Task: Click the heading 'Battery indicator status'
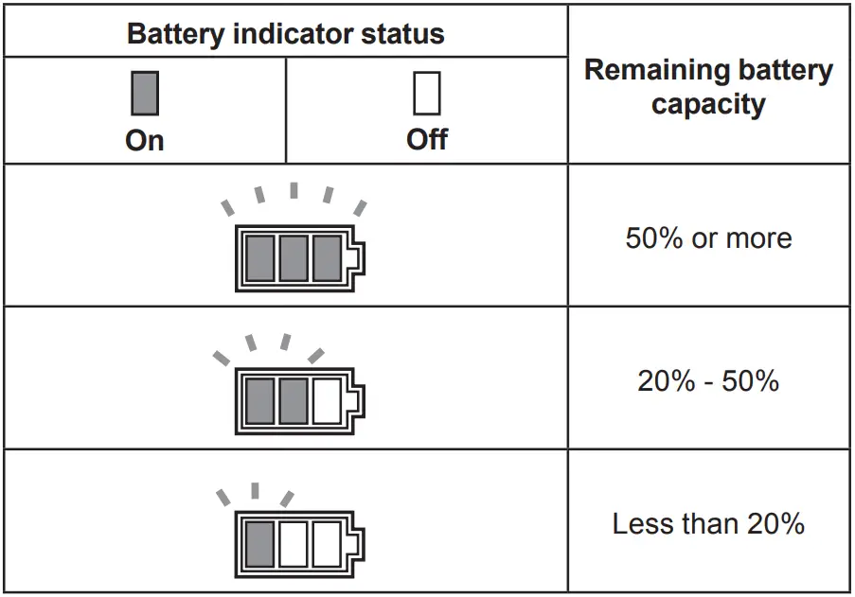pyautogui.click(x=285, y=34)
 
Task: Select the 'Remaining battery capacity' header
pyautogui.click(x=708, y=86)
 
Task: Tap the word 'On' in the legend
pyautogui.click(x=144, y=140)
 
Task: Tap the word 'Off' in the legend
pyautogui.click(x=426, y=140)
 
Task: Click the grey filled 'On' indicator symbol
pyautogui.click(x=144, y=94)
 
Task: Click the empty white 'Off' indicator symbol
pyautogui.click(x=426, y=94)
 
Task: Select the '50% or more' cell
pyautogui.click(x=708, y=237)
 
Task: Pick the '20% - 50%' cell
pyautogui.click(x=708, y=380)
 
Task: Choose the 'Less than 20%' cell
pyautogui.click(x=708, y=523)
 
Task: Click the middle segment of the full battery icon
pyautogui.click(x=294, y=257)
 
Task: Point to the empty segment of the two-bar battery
pyautogui.click(x=327, y=400)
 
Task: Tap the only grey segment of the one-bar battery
pyautogui.click(x=259, y=543)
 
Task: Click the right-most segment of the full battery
pyautogui.click(x=327, y=257)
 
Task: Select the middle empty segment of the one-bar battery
pyautogui.click(x=294, y=543)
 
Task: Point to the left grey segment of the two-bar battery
pyautogui.click(x=259, y=400)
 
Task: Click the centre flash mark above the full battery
pyautogui.click(x=294, y=191)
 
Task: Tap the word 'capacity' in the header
pyautogui.click(x=708, y=104)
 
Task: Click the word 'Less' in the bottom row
pyautogui.click(x=636, y=523)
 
